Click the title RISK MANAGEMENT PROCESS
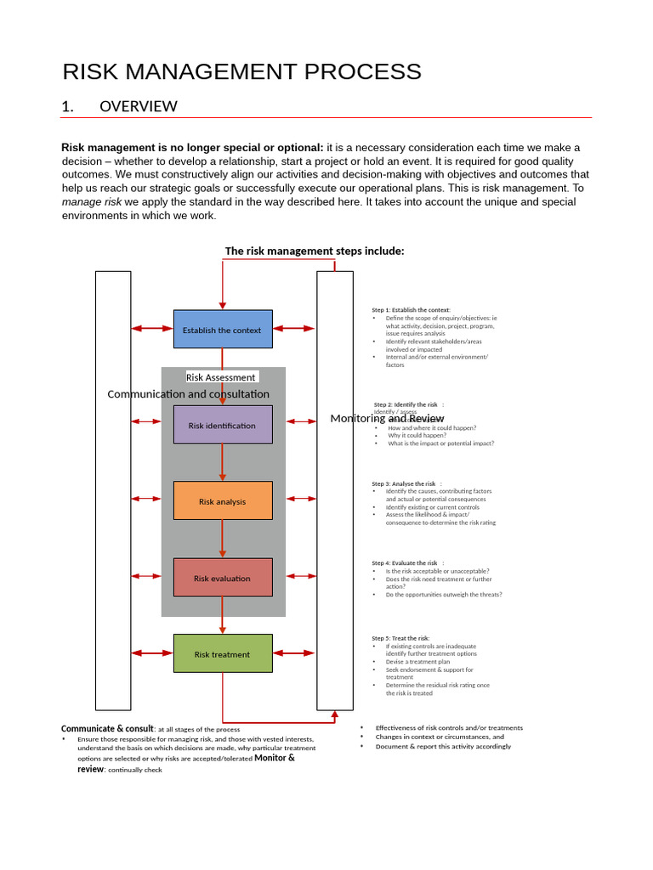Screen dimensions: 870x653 (x=241, y=72)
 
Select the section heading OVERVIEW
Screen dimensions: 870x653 (x=138, y=106)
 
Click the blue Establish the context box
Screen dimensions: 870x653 (x=223, y=330)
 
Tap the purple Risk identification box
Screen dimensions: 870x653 (x=223, y=425)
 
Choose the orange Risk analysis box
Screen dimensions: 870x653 (x=223, y=501)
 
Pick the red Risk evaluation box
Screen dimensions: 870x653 (x=223, y=578)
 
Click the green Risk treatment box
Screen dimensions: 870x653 (x=223, y=654)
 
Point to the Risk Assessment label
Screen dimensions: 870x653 (x=221, y=377)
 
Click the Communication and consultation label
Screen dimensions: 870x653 (x=188, y=394)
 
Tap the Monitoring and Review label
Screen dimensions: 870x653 (x=387, y=419)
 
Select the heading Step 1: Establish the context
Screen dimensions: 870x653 (x=412, y=310)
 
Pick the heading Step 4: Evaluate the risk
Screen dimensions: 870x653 (x=406, y=562)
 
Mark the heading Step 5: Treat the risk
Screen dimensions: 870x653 (x=400, y=638)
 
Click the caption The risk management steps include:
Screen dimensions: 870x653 (x=314, y=251)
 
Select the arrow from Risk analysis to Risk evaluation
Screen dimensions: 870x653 (x=223, y=539)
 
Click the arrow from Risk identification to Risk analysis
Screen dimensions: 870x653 (x=223, y=462)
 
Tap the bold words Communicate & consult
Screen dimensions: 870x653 (x=107, y=729)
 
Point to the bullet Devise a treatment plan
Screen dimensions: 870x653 (x=417, y=662)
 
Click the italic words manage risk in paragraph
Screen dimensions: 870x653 (x=92, y=202)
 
